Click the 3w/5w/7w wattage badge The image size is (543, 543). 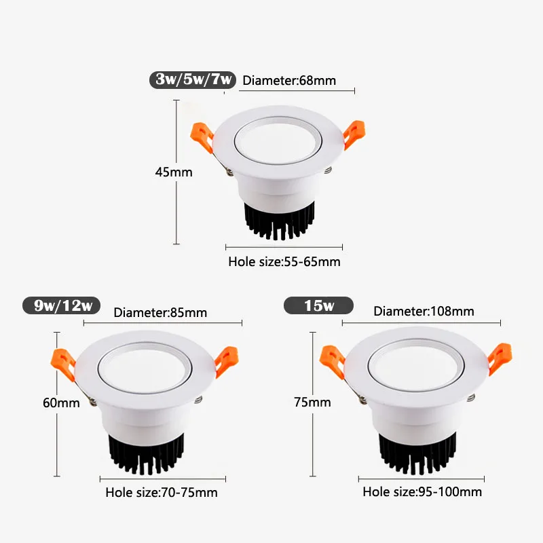tap(193, 79)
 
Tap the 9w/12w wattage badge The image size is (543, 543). tap(63, 305)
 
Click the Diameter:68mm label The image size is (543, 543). tap(289, 81)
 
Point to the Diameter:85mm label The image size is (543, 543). tap(160, 313)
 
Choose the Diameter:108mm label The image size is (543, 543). tap(424, 312)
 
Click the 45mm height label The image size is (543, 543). tap(174, 172)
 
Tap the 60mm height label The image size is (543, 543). tap(61, 402)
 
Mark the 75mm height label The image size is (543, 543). tap(312, 402)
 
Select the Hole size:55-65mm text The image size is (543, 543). tap(284, 261)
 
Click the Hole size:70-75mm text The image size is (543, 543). tap(162, 492)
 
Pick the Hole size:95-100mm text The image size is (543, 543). tap(422, 491)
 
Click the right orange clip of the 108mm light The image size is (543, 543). tap(501, 356)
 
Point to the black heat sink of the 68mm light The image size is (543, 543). tap(279, 221)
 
